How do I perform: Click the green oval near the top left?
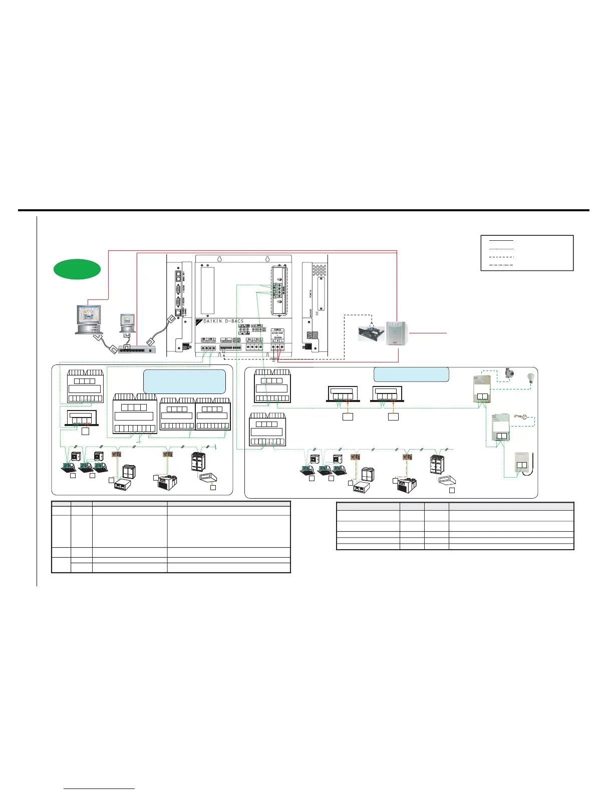[77, 269]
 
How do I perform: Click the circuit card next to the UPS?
[371, 333]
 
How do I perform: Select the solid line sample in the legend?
[501, 241]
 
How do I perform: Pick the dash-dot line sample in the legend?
[501, 264]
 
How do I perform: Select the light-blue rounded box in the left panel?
[184, 381]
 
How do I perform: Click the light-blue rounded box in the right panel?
[411, 374]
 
